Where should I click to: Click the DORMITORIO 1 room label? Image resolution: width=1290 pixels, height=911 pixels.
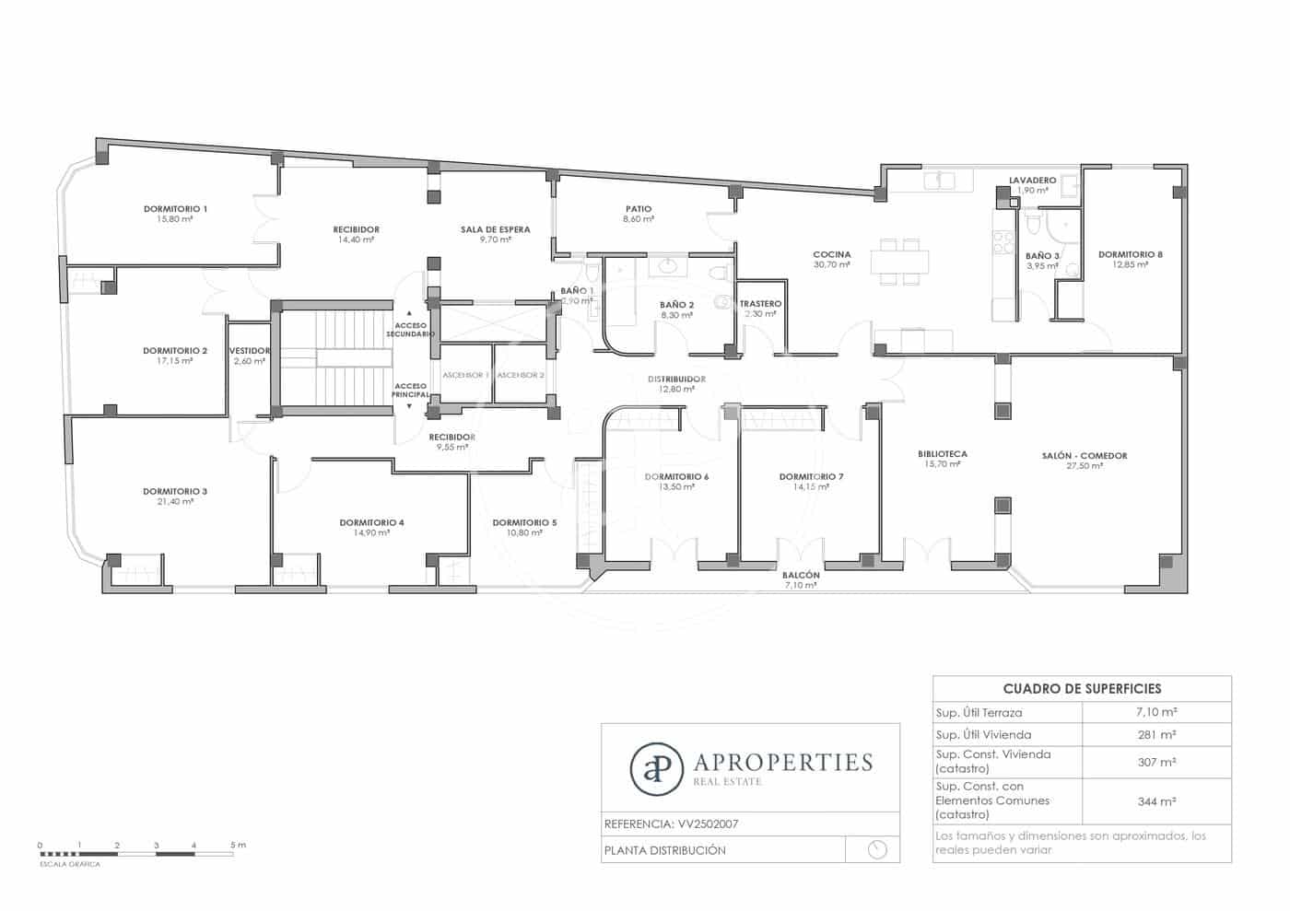(x=175, y=209)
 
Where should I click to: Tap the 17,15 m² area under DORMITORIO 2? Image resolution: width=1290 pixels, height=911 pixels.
(x=175, y=361)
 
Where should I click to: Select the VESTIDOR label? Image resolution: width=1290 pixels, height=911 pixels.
(x=250, y=351)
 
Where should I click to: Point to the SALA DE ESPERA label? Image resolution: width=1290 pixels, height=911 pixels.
(x=496, y=229)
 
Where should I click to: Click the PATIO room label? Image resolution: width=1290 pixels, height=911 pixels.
(x=639, y=209)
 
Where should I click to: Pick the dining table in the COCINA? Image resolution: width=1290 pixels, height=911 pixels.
(x=899, y=262)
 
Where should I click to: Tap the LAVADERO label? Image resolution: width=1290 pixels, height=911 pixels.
(x=1032, y=181)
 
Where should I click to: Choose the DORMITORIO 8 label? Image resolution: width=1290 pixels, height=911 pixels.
(x=1131, y=254)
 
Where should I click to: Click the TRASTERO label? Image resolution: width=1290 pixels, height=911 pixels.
(x=760, y=304)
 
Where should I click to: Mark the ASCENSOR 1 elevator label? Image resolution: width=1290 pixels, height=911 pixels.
(x=465, y=376)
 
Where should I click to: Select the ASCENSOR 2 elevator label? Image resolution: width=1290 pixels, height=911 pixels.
(x=521, y=376)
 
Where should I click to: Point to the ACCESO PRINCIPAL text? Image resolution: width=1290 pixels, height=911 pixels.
(x=410, y=391)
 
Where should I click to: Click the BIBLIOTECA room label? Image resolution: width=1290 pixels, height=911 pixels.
(x=943, y=454)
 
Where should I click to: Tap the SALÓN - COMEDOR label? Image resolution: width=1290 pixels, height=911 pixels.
(x=1085, y=456)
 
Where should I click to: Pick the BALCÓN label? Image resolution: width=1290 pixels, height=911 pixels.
(x=801, y=576)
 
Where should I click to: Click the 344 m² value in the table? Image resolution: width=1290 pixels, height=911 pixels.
(x=1156, y=802)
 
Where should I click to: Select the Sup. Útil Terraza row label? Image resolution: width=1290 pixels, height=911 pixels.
(x=979, y=713)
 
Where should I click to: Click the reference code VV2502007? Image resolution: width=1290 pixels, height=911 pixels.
(x=708, y=824)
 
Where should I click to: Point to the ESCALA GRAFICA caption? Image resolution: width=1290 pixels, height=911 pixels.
(x=70, y=864)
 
